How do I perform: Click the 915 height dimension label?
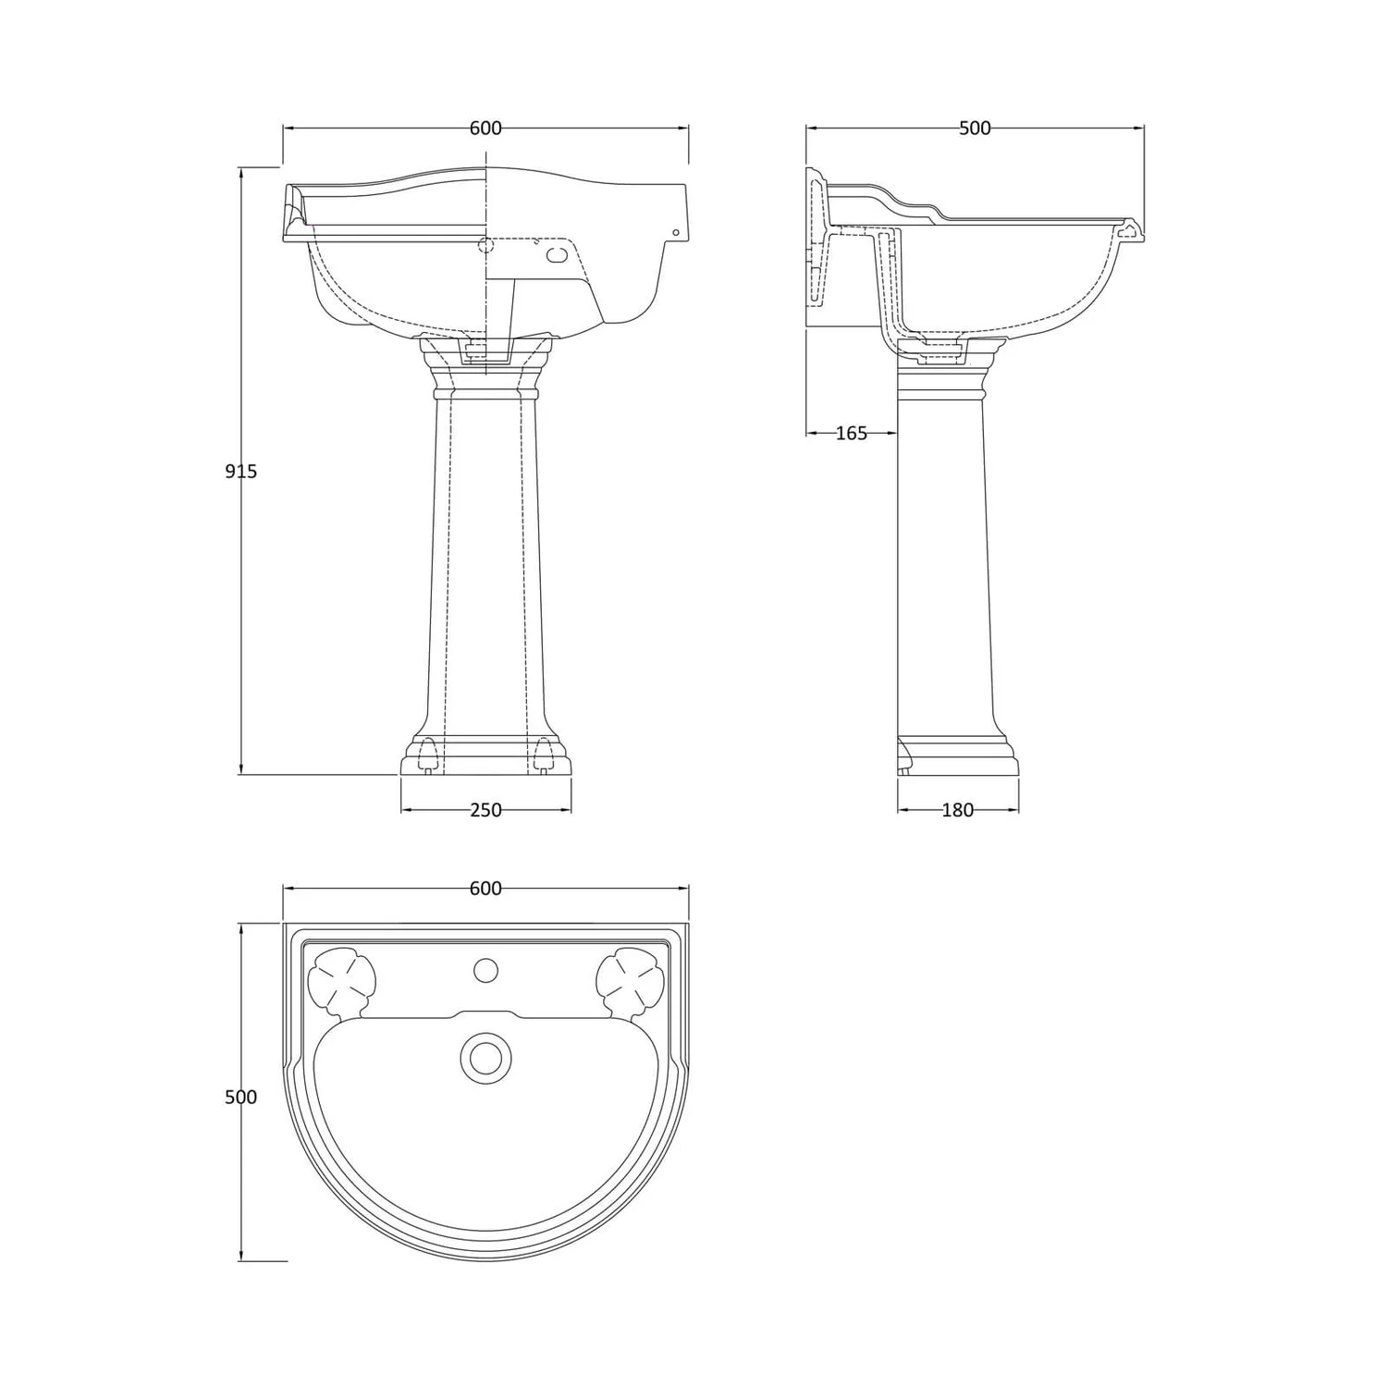(241, 472)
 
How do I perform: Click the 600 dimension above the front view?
(485, 129)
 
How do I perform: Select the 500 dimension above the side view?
(975, 129)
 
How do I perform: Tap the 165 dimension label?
(851, 433)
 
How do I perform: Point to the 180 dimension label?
(957, 811)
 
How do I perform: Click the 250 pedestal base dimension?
(485, 811)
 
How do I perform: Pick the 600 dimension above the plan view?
(485, 889)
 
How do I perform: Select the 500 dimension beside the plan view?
(241, 1098)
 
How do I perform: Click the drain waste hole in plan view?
(485, 1057)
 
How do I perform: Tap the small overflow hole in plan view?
(485, 971)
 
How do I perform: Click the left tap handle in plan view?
(342, 980)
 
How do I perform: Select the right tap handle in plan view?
(630, 980)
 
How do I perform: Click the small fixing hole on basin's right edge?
(675, 232)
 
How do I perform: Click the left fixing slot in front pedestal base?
(427, 753)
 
